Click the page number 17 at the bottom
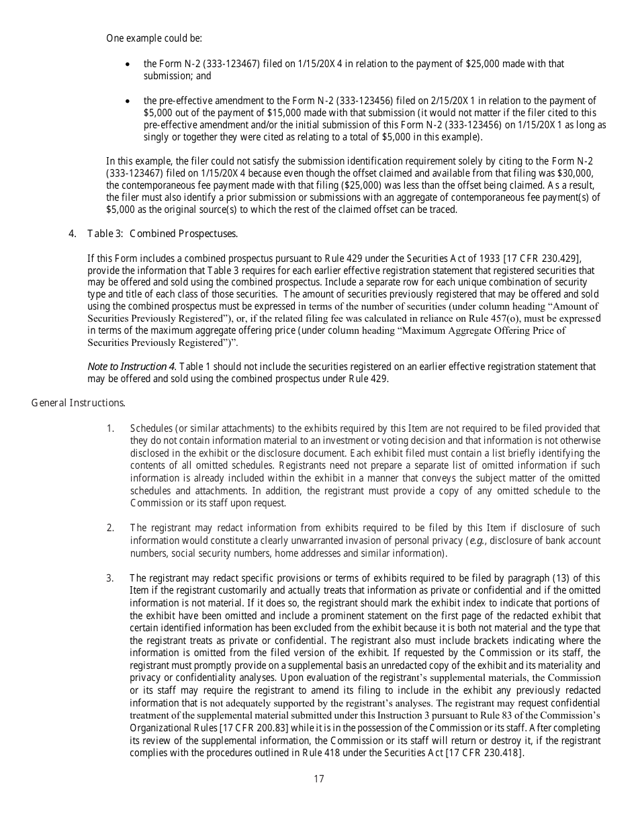click(319, 779)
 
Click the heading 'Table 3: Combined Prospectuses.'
click(163, 234)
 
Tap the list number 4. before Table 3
click(73, 234)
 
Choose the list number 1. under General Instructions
click(110, 428)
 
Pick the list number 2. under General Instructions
click(110, 528)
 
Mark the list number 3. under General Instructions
click(110, 578)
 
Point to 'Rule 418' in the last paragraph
click(343, 753)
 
